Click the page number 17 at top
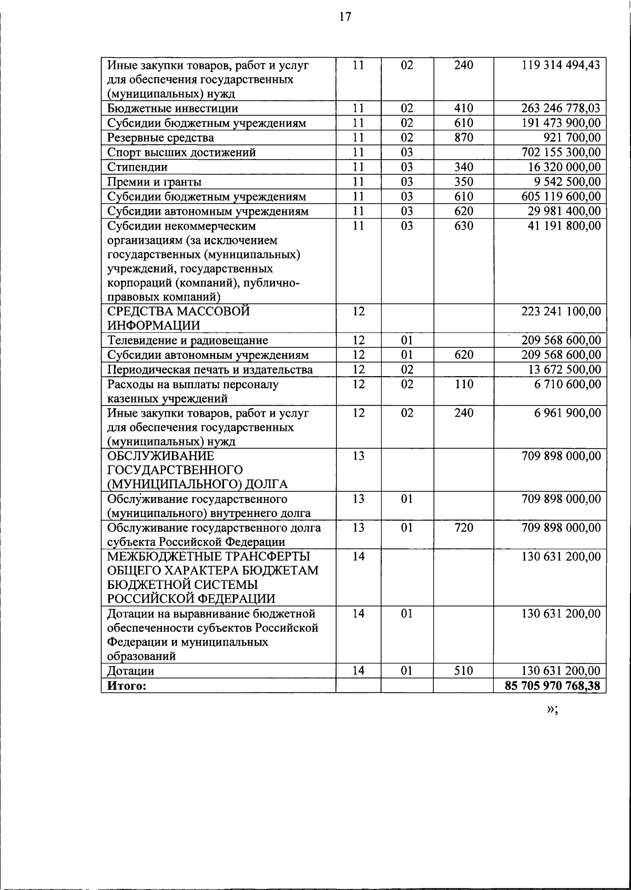point(344,17)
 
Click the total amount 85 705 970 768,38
point(552,686)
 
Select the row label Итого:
point(126,686)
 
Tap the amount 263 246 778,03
point(561,108)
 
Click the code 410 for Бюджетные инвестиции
point(463,108)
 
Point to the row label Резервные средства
point(160,138)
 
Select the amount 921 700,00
point(572,138)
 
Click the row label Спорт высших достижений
point(181,152)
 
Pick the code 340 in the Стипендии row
point(463,167)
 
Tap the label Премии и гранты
point(154,182)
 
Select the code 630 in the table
point(463,226)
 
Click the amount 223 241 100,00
point(561,311)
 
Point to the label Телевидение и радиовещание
point(188,340)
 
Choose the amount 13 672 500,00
point(564,369)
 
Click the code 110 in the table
point(463,384)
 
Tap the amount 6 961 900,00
point(567,413)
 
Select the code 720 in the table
point(463,527)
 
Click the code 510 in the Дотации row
point(463,671)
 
